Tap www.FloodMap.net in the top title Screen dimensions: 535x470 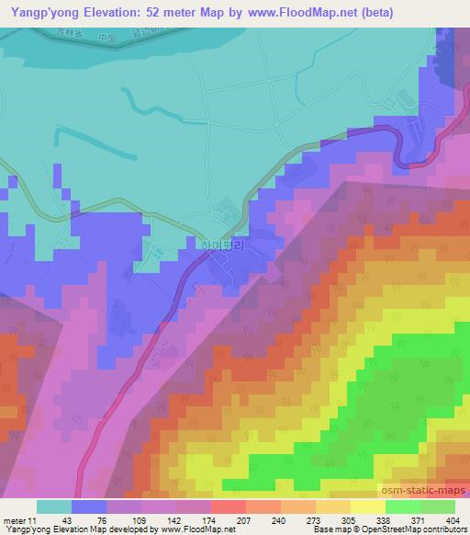304,13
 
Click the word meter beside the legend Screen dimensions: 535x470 15,520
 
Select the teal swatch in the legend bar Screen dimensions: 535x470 53,507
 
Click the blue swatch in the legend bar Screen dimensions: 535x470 88,507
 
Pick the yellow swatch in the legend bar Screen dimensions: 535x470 367,507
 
